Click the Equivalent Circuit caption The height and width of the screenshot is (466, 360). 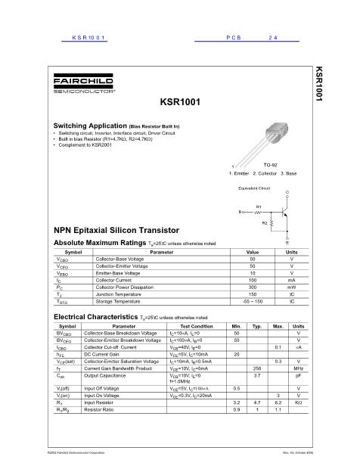(254, 186)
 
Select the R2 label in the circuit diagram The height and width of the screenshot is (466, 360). (264, 223)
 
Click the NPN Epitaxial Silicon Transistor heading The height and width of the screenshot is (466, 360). (116, 228)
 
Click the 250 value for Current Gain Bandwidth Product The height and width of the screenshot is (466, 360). (257, 368)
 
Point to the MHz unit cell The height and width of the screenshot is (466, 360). (298, 368)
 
